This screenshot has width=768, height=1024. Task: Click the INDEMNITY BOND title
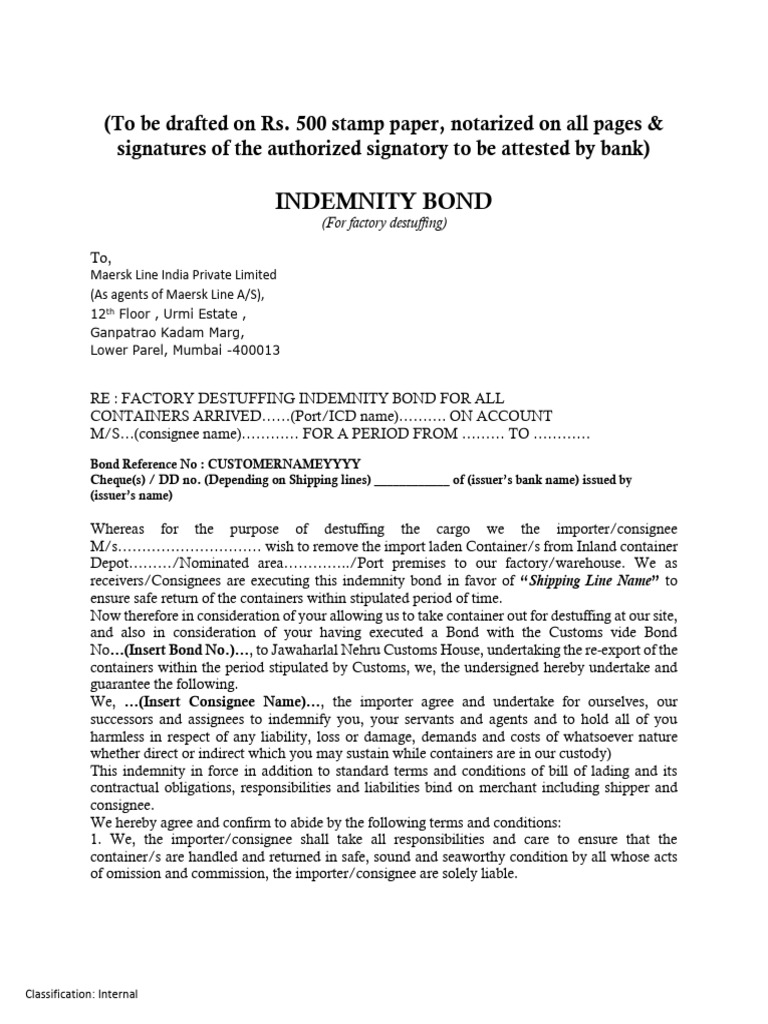pyautogui.click(x=383, y=201)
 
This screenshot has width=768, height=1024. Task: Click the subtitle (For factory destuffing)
pyautogui.click(x=383, y=224)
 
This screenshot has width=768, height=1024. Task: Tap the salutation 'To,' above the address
pyautogui.click(x=102, y=257)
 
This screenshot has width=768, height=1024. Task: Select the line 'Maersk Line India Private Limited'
pyautogui.click(x=184, y=275)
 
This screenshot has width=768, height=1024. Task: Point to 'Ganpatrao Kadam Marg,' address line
pyautogui.click(x=167, y=331)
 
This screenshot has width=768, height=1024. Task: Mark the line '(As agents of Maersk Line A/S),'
pyautogui.click(x=179, y=294)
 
